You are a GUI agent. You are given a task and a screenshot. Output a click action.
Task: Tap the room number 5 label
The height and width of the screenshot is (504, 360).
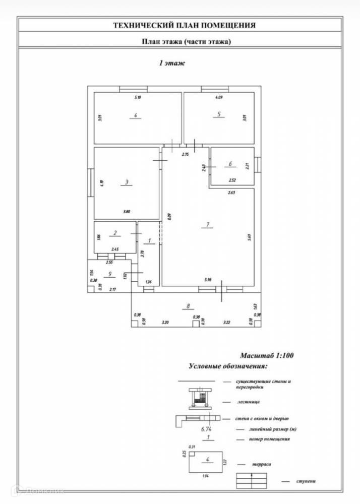click(x=219, y=114)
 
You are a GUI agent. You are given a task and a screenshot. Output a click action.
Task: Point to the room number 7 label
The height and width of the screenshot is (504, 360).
click(x=207, y=224)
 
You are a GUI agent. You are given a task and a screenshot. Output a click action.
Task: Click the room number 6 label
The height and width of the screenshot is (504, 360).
click(x=230, y=164)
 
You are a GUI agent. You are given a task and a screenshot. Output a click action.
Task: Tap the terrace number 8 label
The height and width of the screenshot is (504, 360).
click(x=188, y=305)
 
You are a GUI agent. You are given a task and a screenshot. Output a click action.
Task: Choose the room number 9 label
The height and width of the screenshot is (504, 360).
click(x=109, y=274)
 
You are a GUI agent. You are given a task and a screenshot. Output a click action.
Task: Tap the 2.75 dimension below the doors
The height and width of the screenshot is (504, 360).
click(x=185, y=155)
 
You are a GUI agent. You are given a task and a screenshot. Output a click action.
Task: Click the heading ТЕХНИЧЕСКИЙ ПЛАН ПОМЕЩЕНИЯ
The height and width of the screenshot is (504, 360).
click(x=184, y=24)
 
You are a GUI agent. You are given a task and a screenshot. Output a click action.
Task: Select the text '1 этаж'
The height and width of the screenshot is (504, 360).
click(x=172, y=64)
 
